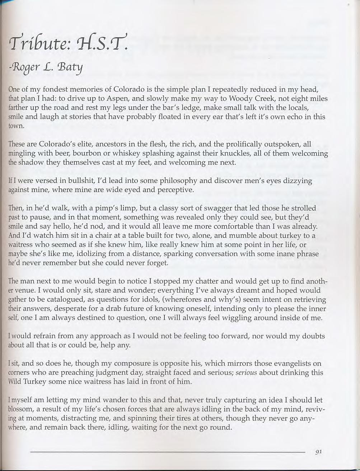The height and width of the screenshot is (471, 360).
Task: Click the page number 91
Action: pos(318,452)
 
